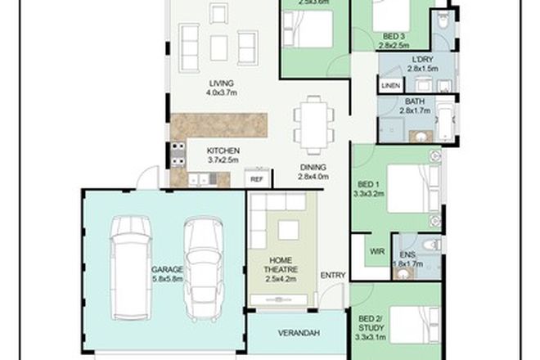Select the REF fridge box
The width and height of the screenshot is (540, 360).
pos(256,178)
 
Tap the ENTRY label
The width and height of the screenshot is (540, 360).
pos(332,274)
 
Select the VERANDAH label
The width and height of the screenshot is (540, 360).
pos(298,333)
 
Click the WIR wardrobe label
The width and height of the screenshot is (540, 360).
pos(377,251)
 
